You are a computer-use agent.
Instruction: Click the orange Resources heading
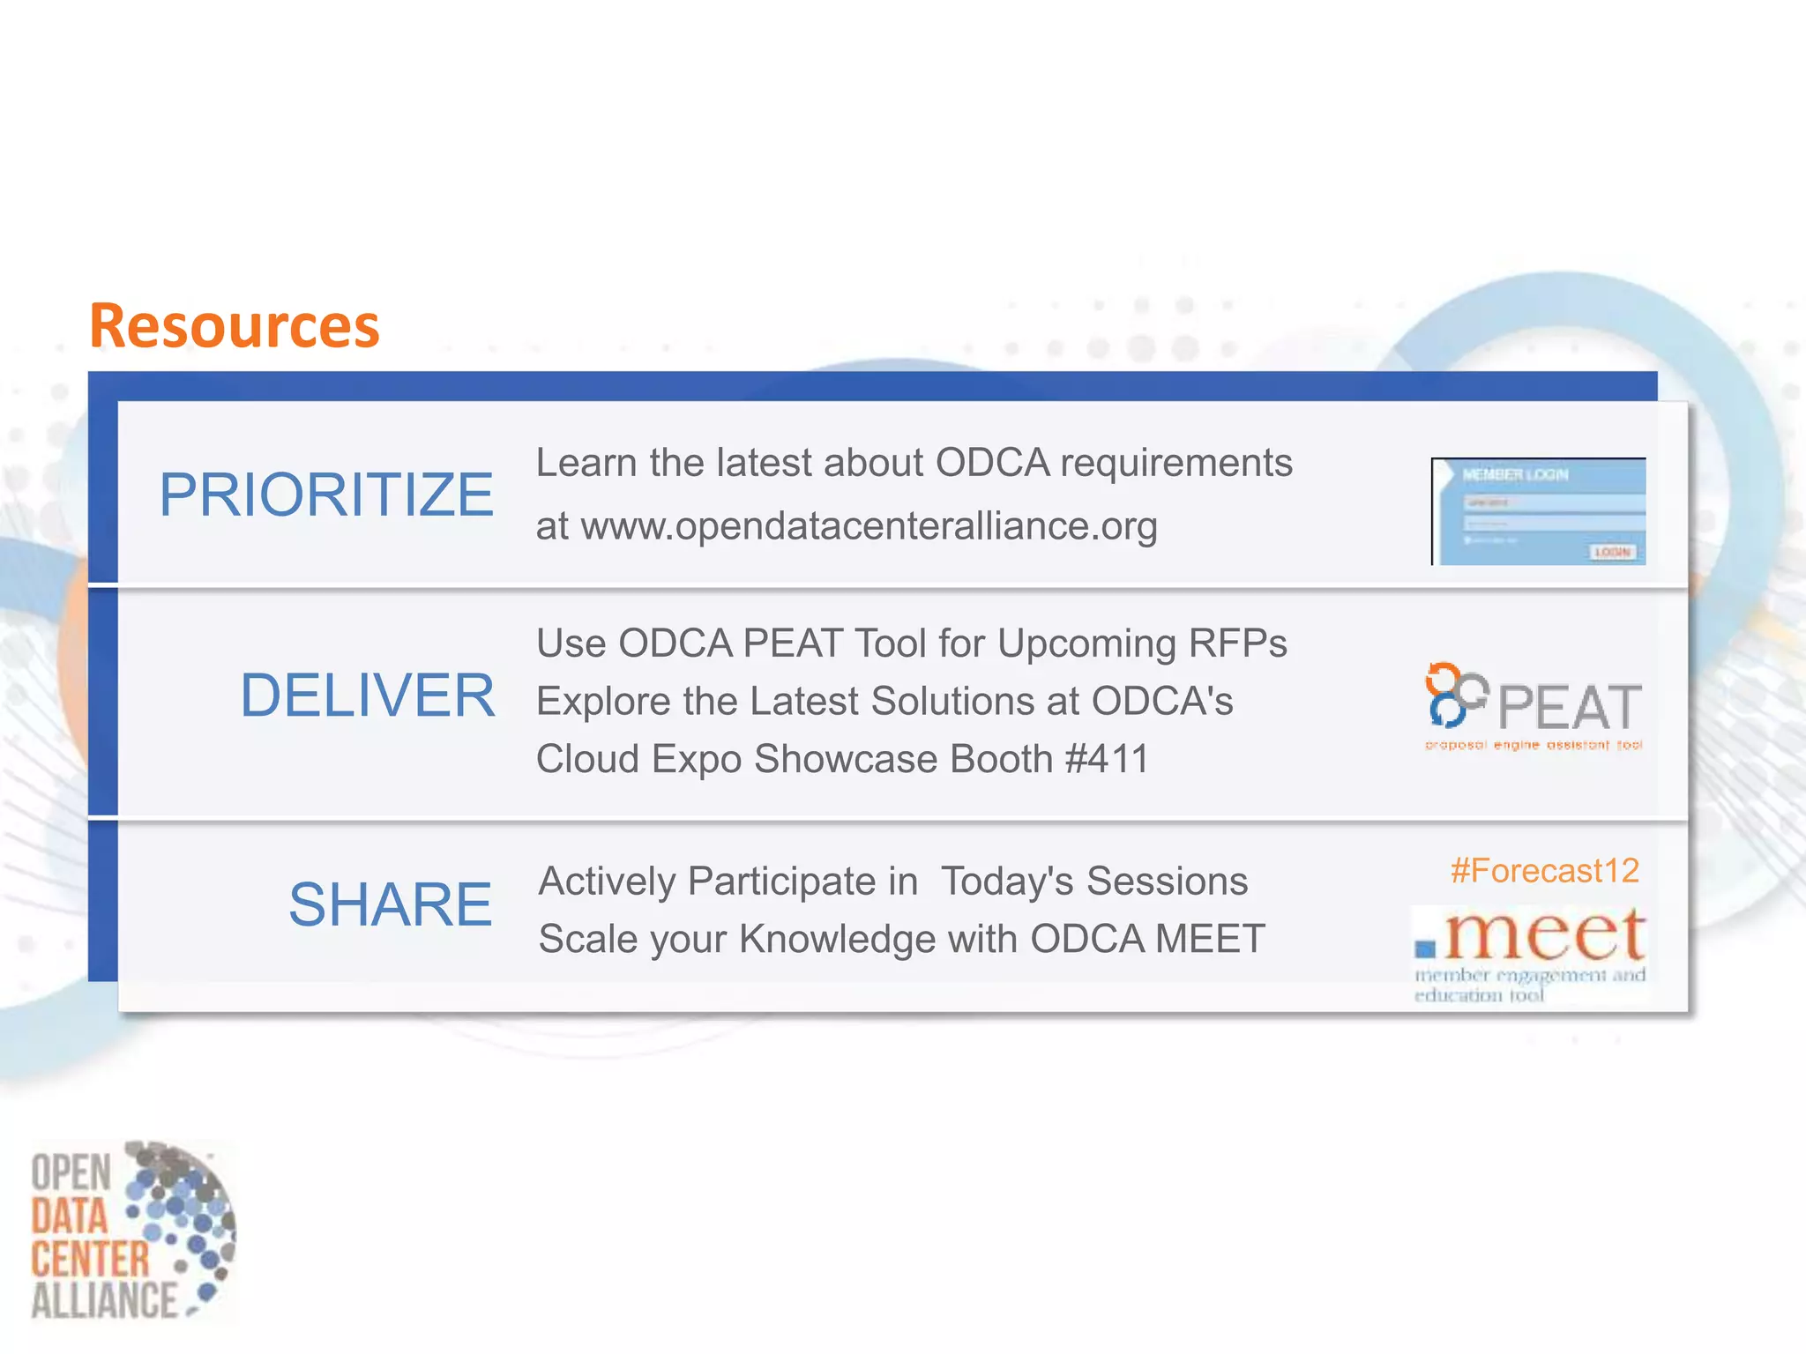(234, 326)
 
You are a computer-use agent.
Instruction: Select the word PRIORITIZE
(325, 495)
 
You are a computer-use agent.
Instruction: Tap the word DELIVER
(367, 696)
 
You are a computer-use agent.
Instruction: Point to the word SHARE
(390, 904)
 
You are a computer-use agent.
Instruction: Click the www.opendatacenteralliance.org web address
(869, 526)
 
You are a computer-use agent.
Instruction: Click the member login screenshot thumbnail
(1538, 511)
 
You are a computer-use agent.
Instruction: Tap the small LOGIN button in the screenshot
(1612, 552)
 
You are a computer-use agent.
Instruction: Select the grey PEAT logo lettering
(1570, 708)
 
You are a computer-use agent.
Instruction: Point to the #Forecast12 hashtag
(1544, 871)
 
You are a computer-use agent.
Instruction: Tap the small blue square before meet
(1425, 949)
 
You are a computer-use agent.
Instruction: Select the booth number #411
(1107, 759)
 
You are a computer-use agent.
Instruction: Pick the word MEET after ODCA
(1210, 939)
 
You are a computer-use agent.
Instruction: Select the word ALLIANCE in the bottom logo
(104, 1300)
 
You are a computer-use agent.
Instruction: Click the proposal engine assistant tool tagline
(1534, 746)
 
